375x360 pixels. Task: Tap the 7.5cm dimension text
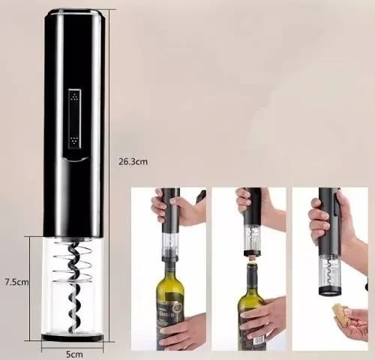pyautogui.click(x=16, y=282)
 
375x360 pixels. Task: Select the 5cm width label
pyautogui.click(x=73, y=352)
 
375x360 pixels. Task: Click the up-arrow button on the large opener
pyautogui.click(x=73, y=97)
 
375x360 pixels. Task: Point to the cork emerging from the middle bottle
pyautogui.click(x=252, y=260)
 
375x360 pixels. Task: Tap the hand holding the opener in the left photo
pyautogui.click(x=161, y=206)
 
